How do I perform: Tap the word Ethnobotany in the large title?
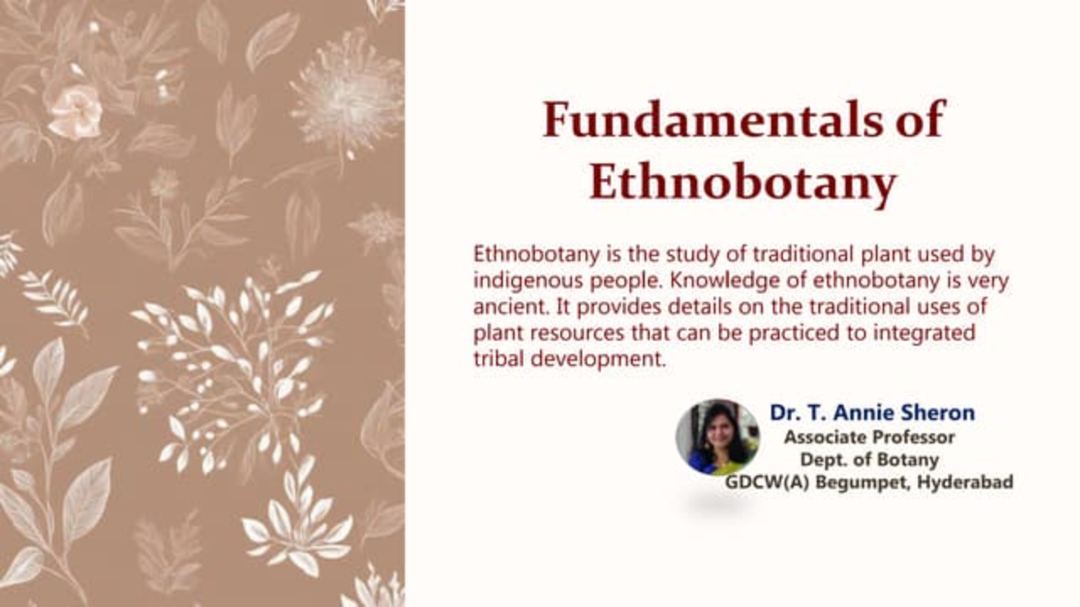pyautogui.click(x=743, y=184)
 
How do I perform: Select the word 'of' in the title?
pyautogui.click(x=921, y=120)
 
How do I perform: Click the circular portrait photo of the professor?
pyautogui.click(x=718, y=437)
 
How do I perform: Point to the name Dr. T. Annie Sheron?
pyautogui.click(x=872, y=413)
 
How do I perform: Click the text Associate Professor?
pyautogui.click(x=869, y=438)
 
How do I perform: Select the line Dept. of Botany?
pyautogui.click(x=869, y=460)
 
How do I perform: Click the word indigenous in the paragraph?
pyautogui.click(x=528, y=281)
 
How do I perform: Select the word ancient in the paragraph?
pyautogui.click(x=511, y=306)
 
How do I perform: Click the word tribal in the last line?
pyautogui.click(x=499, y=358)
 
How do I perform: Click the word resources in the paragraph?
pyautogui.click(x=577, y=333)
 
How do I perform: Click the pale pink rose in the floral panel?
pyautogui.click(x=75, y=113)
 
